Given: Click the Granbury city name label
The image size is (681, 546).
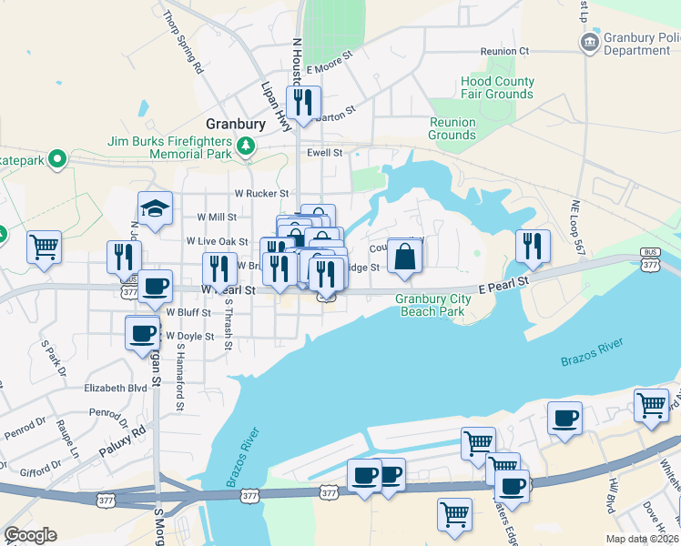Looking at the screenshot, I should [236, 124].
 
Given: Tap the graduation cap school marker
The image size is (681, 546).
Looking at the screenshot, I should [155, 209].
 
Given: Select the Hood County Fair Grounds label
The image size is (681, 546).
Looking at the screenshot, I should [497, 87].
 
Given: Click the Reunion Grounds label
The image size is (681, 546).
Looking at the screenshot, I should [452, 128].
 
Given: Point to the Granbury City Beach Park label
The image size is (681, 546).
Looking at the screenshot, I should [432, 305].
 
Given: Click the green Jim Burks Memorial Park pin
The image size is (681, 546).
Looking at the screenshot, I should [245, 146].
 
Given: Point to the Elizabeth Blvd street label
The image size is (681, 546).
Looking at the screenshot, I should [116, 387].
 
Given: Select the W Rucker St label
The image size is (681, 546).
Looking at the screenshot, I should [261, 193].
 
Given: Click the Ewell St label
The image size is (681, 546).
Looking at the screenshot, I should [324, 153].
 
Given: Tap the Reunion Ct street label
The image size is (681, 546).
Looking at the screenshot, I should [505, 51].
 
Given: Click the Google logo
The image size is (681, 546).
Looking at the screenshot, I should [30, 535].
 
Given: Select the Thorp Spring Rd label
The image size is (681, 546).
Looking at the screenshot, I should [183, 41].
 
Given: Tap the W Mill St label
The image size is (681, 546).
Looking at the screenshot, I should [217, 217].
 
